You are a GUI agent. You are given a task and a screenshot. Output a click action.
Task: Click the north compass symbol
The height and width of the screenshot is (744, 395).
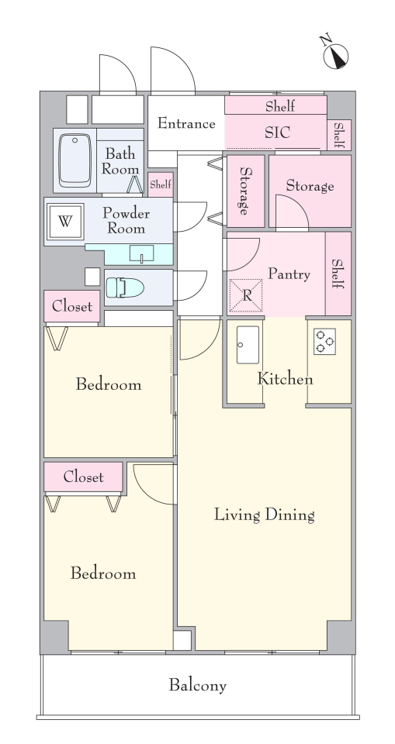335,54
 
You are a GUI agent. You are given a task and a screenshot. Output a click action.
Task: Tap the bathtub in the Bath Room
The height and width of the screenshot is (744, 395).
74,160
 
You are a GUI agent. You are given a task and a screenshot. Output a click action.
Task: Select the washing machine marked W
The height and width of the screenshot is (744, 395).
64,222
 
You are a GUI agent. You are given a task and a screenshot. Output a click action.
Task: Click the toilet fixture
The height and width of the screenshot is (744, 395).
125,288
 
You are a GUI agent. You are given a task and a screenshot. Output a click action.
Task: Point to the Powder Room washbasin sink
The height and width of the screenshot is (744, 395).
142,253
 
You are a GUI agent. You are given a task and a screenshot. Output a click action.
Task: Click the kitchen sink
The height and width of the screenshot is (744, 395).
248,345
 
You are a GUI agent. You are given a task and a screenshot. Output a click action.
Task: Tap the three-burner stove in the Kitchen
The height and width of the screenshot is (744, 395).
324,341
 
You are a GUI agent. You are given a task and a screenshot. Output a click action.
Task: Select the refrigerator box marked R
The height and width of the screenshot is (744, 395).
246,295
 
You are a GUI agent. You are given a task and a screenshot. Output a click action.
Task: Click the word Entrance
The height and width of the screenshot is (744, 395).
186,123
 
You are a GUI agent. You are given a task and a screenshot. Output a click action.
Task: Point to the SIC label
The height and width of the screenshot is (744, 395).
277,133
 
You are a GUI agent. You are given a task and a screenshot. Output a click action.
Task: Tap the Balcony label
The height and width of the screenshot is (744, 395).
198,685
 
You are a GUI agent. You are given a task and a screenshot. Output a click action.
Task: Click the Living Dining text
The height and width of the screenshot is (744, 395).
265,515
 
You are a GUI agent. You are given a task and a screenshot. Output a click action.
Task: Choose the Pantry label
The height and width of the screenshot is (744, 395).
289,274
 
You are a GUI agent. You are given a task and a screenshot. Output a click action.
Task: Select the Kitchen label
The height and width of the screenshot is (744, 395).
286,379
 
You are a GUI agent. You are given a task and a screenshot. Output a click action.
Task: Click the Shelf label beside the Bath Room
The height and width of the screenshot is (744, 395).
161,184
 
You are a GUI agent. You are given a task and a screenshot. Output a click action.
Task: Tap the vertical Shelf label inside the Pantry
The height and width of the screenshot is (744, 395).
338,274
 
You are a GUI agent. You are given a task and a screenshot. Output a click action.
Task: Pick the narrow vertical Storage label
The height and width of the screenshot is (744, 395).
245,191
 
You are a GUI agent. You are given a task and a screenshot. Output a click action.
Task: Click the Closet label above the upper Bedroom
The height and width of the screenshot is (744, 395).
72,307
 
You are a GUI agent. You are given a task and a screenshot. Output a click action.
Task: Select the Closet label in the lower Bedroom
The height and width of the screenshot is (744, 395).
83,477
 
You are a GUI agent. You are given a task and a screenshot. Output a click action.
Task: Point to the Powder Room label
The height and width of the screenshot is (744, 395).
126,221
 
